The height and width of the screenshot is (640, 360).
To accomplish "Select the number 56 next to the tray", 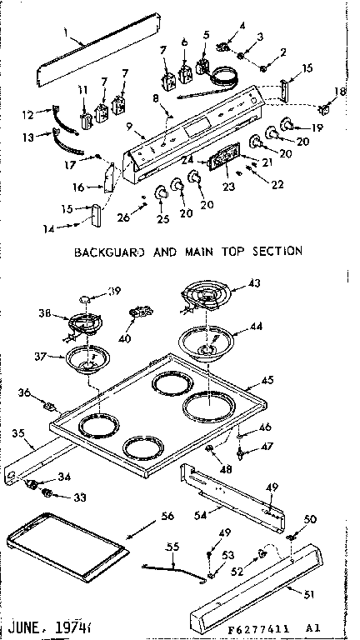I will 167,517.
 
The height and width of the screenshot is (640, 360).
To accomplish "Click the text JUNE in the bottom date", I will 26,622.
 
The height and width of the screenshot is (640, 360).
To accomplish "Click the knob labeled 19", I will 287,126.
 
